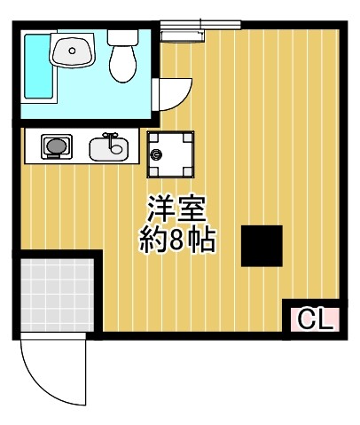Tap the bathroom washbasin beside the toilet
point(71,51)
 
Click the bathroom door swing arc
point(173,89)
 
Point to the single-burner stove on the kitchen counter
point(55,146)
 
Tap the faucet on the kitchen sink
point(111,137)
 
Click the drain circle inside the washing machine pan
point(157,154)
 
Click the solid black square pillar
point(262,246)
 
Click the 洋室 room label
point(176,209)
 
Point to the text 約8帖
point(177,240)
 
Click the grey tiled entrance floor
point(56,294)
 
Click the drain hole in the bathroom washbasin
point(71,51)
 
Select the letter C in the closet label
point(305,319)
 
